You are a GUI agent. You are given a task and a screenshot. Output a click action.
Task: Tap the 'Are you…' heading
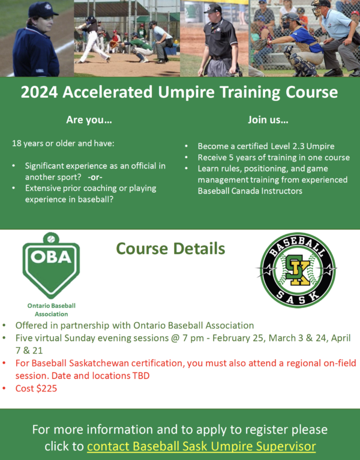(x=89, y=120)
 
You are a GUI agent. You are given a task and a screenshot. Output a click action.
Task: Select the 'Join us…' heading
(x=268, y=120)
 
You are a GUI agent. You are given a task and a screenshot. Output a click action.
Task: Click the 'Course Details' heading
(x=170, y=248)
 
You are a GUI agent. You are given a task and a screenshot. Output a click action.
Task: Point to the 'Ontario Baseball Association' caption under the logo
(x=51, y=309)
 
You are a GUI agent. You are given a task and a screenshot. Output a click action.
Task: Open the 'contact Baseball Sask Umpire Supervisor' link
(x=202, y=446)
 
